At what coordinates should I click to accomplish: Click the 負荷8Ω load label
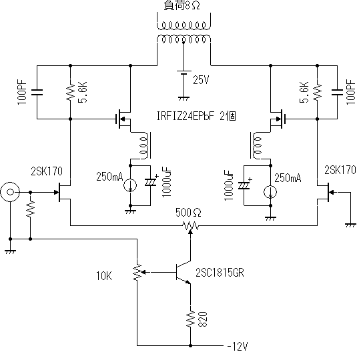pyautogui.click(x=182, y=5)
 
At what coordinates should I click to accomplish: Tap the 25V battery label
pyautogui.click(x=201, y=80)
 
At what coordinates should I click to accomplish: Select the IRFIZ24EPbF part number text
pyautogui.click(x=186, y=116)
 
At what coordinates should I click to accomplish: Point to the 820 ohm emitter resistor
pyautogui.click(x=190, y=319)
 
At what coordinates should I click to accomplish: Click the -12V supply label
pyautogui.click(x=238, y=346)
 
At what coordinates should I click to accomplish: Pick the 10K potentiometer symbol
pyautogui.click(x=139, y=273)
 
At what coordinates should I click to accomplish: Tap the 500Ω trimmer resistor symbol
pyautogui.click(x=190, y=226)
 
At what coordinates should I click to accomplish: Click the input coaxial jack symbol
pyautogui.click(x=10, y=192)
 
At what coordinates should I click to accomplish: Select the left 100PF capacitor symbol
pyautogui.click(x=37, y=92)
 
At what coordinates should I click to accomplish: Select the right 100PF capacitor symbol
pyautogui.click(x=337, y=92)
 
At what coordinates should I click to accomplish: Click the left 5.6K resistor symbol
pyautogui.click(x=71, y=92)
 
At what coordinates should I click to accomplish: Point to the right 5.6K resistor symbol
pyautogui.click(x=317, y=92)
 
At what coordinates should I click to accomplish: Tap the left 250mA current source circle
pyautogui.click(x=130, y=185)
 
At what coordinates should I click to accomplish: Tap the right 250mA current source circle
pyautogui.click(x=270, y=192)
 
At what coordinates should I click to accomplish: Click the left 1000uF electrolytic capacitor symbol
pyautogui.click(x=150, y=182)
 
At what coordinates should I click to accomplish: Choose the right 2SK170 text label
pyautogui.click(x=340, y=170)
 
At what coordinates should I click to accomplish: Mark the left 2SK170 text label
pyautogui.click(x=47, y=171)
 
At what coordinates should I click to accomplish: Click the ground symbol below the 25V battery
pyautogui.click(x=184, y=99)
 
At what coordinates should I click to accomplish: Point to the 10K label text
pyautogui.click(x=104, y=275)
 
